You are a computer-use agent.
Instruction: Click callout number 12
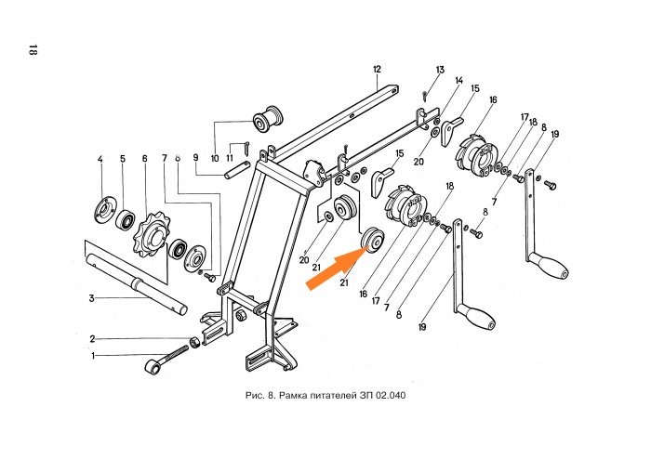point(378,70)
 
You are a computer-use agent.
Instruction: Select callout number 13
point(440,70)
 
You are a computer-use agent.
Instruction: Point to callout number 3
point(92,298)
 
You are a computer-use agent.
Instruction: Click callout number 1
point(92,356)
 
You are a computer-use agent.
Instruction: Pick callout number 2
point(92,338)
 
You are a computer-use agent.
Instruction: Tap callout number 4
point(100,159)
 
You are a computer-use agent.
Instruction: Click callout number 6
point(145,159)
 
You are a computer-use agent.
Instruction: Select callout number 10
point(215,158)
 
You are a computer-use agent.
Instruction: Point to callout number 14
point(458,82)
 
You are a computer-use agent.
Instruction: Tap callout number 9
point(196,158)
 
